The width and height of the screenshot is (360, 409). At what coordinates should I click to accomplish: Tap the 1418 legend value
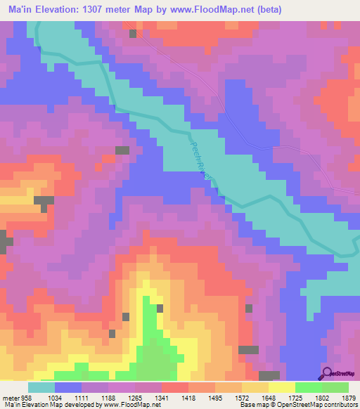[x=189, y=398]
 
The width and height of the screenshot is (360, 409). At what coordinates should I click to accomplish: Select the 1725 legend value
[x=297, y=398]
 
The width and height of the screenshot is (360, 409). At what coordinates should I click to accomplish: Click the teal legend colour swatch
[x=41, y=387]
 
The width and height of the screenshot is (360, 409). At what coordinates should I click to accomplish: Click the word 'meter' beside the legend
[x=10, y=398]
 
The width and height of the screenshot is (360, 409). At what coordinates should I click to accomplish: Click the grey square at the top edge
[x=132, y=33]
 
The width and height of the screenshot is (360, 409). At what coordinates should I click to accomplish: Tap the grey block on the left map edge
[x=6, y=243]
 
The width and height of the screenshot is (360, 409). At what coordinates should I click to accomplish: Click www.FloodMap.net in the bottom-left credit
[x=134, y=405]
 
